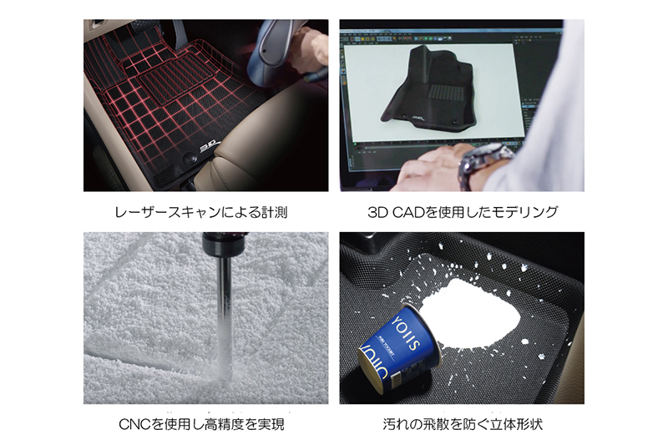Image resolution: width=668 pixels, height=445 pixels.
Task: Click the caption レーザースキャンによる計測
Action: coord(205,212)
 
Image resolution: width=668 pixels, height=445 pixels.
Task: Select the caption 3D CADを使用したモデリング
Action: coord(462,212)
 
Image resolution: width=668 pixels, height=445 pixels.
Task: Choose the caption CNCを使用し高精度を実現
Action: coord(205,424)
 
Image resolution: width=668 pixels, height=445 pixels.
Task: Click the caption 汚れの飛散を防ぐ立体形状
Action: coord(462,424)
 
